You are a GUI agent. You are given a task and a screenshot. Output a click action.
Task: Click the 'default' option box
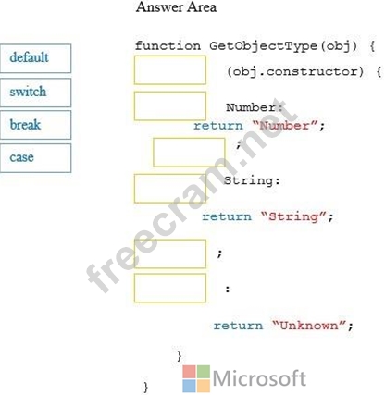pyautogui.click(x=35, y=58)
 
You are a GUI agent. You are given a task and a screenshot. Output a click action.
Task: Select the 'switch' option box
pyautogui.click(x=35, y=93)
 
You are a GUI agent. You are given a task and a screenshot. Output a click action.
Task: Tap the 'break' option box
pyautogui.click(x=35, y=125)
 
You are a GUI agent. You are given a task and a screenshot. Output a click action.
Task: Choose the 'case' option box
pyautogui.click(x=35, y=158)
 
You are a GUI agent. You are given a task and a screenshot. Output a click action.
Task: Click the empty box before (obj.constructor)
pyautogui.click(x=170, y=70)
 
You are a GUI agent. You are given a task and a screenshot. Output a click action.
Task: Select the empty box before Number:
pyautogui.click(x=170, y=105)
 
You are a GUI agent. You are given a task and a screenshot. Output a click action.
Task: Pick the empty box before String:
pyautogui.click(x=170, y=189)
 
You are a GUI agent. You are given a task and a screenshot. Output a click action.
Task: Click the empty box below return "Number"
pyautogui.click(x=189, y=153)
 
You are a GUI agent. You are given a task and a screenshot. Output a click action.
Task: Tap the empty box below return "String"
pyautogui.click(x=170, y=253)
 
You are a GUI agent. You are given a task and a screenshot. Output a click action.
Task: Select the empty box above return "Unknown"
pyautogui.click(x=170, y=288)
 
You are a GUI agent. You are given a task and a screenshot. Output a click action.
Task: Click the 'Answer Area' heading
pyautogui.click(x=176, y=7)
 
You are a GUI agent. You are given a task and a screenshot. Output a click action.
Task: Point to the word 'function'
pyautogui.click(x=168, y=46)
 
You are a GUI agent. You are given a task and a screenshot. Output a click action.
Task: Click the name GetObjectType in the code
pyautogui.click(x=263, y=46)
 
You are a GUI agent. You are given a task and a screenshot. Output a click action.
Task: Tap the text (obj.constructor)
pyautogui.click(x=295, y=72)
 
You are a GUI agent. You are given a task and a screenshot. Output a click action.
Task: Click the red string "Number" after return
pyautogui.click(x=285, y=126)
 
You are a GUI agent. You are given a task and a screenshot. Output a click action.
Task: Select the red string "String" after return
pyautogui.click(x=293, y=216)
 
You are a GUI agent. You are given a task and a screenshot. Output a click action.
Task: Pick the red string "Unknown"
pyautogui.click(x=309, y=326)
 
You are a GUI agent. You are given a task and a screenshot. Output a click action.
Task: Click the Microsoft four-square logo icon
pyautogui.click(x=196, y=379)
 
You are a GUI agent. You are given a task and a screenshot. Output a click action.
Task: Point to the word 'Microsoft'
pyautogui.click(x=259, y=378)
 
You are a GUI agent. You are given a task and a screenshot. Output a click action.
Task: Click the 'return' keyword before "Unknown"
pyautogui.click(x=238, y=326)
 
